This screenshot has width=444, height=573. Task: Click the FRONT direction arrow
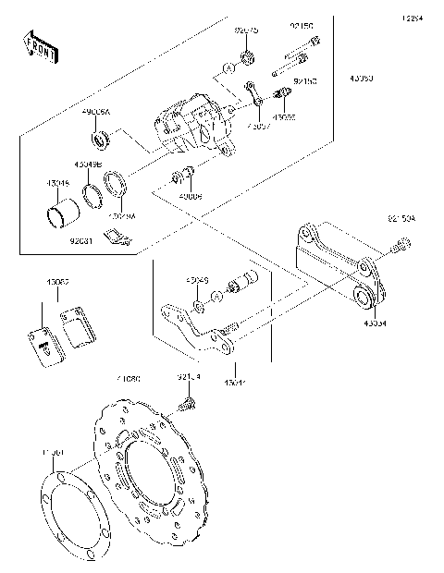click(x=34, y=46)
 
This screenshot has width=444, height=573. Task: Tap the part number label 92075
click(x=247, y=30)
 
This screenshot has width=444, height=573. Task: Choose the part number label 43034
click(x=375, y=324)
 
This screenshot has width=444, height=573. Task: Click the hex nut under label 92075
click(x=247, y=59)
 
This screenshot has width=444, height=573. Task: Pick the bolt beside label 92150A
click(x=400, y=247)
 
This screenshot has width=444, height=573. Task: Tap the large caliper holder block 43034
click(x=338, y=268)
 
